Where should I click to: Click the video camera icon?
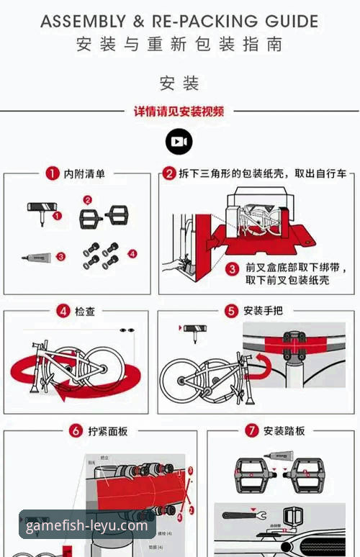(179, 142)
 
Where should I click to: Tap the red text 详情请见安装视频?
(179, 112)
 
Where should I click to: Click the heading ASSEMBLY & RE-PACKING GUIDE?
(179, 21)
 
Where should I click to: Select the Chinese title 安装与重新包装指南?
(179, 45)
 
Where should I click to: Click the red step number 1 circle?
(52, 173)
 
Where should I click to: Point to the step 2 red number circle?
(168, 173)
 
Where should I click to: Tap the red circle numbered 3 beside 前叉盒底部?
(233, 268)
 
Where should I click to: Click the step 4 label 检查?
(85, 311)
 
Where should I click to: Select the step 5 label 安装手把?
(263, 311)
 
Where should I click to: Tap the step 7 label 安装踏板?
(284, 431)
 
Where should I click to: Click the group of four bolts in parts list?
(101, 256)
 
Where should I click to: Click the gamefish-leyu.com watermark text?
(86, 525)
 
